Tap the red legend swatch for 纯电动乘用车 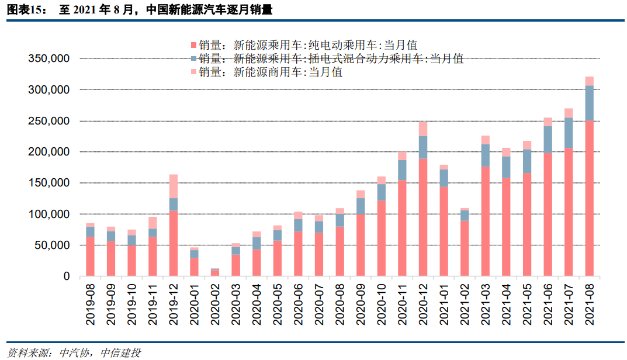[x=194, y=45]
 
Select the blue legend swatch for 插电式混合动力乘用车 [x=194, y=58]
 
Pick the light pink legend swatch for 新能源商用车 [x=194, y=72]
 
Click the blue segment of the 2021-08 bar [x=589, y=103]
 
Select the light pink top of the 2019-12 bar [x=174, y=186]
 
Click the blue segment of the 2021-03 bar [x=485, y=155]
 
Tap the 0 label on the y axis [x=67, y=276]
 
